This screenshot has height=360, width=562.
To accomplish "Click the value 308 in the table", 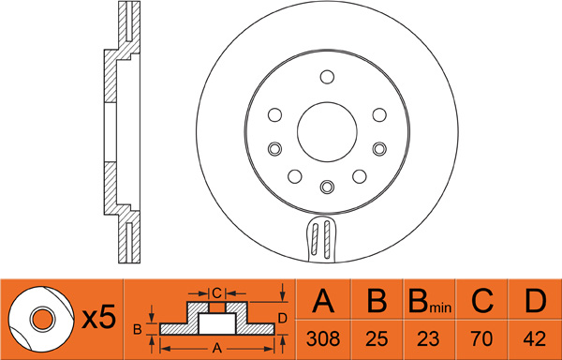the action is click(x=323, y=338).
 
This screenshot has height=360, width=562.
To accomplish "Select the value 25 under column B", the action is click(x=377, y=338).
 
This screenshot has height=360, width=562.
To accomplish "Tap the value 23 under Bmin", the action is click(x=429, y=338).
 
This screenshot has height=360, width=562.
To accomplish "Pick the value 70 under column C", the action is click(x=482, y=338).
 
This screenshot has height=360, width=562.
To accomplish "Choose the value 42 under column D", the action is click(x=535, y=338).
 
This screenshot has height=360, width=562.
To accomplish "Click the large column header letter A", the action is click(x=323, y=301).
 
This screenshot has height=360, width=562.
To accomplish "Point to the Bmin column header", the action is click(x=430, y=301).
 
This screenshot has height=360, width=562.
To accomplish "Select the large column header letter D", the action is click(x=536, y=301).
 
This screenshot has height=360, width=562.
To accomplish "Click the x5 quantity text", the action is click(x=99, y=317).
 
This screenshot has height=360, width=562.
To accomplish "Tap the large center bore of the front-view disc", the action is click(x=327, y=132).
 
